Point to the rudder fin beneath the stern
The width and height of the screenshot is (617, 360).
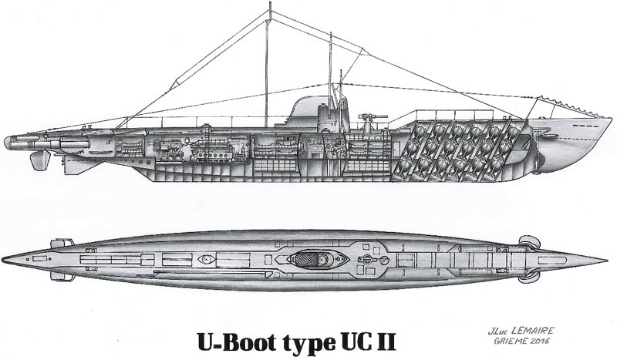[39, 160]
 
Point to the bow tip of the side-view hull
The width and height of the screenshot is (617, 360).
[611, 120]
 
